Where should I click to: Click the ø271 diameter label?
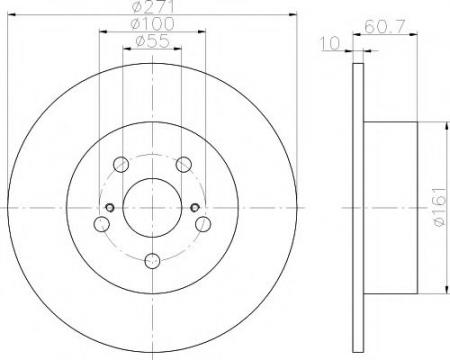153,6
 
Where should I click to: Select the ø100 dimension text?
152,24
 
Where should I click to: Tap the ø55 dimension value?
153,41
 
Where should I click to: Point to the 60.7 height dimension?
385,26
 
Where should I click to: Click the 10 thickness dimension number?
330,43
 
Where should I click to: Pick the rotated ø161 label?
440,208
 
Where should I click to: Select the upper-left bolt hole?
121,164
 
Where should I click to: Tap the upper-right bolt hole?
184,164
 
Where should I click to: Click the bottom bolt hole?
152,261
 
